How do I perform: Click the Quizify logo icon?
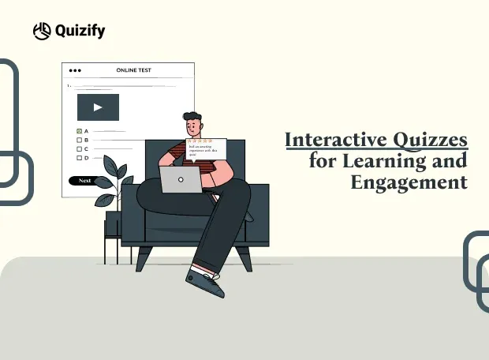click(x=42, y=31)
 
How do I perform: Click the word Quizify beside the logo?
click(x=80, y=31)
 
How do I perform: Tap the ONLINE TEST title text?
click(x=133, y=70)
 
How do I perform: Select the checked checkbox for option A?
click(x=79, y=130)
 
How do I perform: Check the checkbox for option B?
click(x=79, y=140)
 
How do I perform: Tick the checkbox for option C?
click(x=79, y=148)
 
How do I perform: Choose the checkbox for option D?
click(x=79, y=158)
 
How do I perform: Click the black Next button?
click(x=85, y=181)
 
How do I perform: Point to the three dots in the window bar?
click(x=76, y=70)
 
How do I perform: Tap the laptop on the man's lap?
click(x=181, y=179)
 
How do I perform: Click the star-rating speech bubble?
click(x=206, y=147)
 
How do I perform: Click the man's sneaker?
click(x=204, y=282)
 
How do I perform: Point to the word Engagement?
click(x=409, y=183)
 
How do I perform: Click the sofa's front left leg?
click(x=144, y=258)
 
